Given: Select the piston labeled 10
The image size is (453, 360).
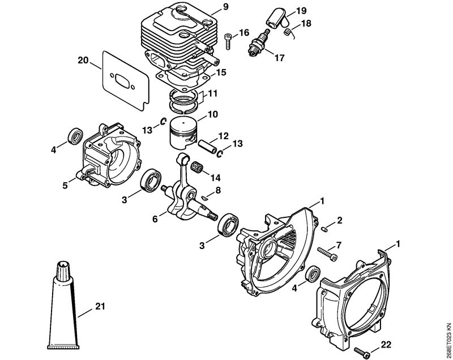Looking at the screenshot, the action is (182, 134).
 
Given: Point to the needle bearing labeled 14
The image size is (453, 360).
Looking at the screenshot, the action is (198, 167).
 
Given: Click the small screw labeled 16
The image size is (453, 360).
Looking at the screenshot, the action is (228, 42).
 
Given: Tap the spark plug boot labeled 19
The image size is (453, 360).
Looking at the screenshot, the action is (274, 19).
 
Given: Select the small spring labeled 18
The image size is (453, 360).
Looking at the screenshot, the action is (289, 33).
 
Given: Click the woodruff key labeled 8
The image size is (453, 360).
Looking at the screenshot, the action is (204, 198).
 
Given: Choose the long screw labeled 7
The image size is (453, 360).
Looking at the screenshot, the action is (327, 254).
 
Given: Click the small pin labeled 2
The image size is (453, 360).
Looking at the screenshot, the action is (324, 229).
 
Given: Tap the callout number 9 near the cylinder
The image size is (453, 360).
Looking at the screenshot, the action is (225, 7).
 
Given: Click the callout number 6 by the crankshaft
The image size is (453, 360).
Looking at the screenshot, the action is (155, 220).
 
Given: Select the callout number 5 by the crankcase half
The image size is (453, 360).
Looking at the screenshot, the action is (65, 185).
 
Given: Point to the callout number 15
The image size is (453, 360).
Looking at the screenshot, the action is (221, 72).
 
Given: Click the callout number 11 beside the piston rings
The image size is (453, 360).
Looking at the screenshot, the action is (212, 93).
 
